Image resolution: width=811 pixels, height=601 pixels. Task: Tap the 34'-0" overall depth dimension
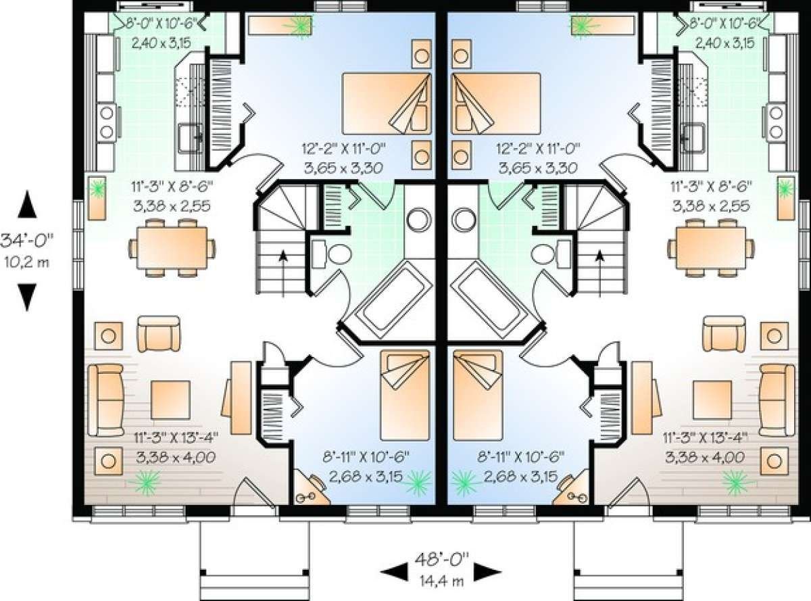coord(26,241)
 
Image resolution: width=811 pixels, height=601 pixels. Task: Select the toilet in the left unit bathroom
coord(331,254)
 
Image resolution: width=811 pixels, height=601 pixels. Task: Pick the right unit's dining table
coord(711,248)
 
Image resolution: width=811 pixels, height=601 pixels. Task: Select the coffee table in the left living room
coord(170,400)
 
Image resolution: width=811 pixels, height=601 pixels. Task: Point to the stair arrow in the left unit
coord(282,272)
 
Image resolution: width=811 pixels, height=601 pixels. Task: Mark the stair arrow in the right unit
coord(599,272)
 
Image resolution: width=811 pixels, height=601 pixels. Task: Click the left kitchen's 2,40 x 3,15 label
coord(162,43)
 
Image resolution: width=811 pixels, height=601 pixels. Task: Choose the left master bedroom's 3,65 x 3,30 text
coord(343,168)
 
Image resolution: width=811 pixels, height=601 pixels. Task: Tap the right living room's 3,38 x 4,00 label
coord(705,457)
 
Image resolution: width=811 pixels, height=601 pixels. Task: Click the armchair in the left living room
coord(159,334)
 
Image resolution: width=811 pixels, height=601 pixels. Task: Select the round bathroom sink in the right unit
coord(463,220)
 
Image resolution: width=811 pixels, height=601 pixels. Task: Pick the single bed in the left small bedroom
coord(405,395)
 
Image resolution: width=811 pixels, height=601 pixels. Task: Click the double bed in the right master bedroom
coord(496,103)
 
